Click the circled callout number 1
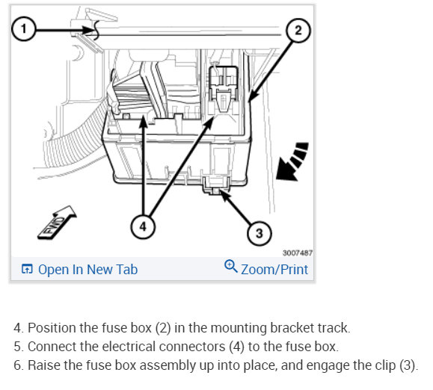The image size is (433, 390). (24, 28)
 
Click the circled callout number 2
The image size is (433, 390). (298, 31)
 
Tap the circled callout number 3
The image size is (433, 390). (259, 233)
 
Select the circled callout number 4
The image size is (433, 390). (143, 226)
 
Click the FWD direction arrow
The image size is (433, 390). (57, 223)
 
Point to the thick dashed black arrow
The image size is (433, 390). (292, 162)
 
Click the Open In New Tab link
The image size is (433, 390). (79, 270)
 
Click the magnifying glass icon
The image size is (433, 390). (231, 266)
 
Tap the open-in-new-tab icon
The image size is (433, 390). (27, 269)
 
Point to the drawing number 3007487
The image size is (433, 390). (298, 253)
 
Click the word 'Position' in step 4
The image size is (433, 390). (52, 328)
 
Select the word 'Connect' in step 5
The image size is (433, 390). (52, 347)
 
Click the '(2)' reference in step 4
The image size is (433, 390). (163, 328)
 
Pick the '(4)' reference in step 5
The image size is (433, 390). (236, 347)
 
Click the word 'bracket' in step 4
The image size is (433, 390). (292, 328)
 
